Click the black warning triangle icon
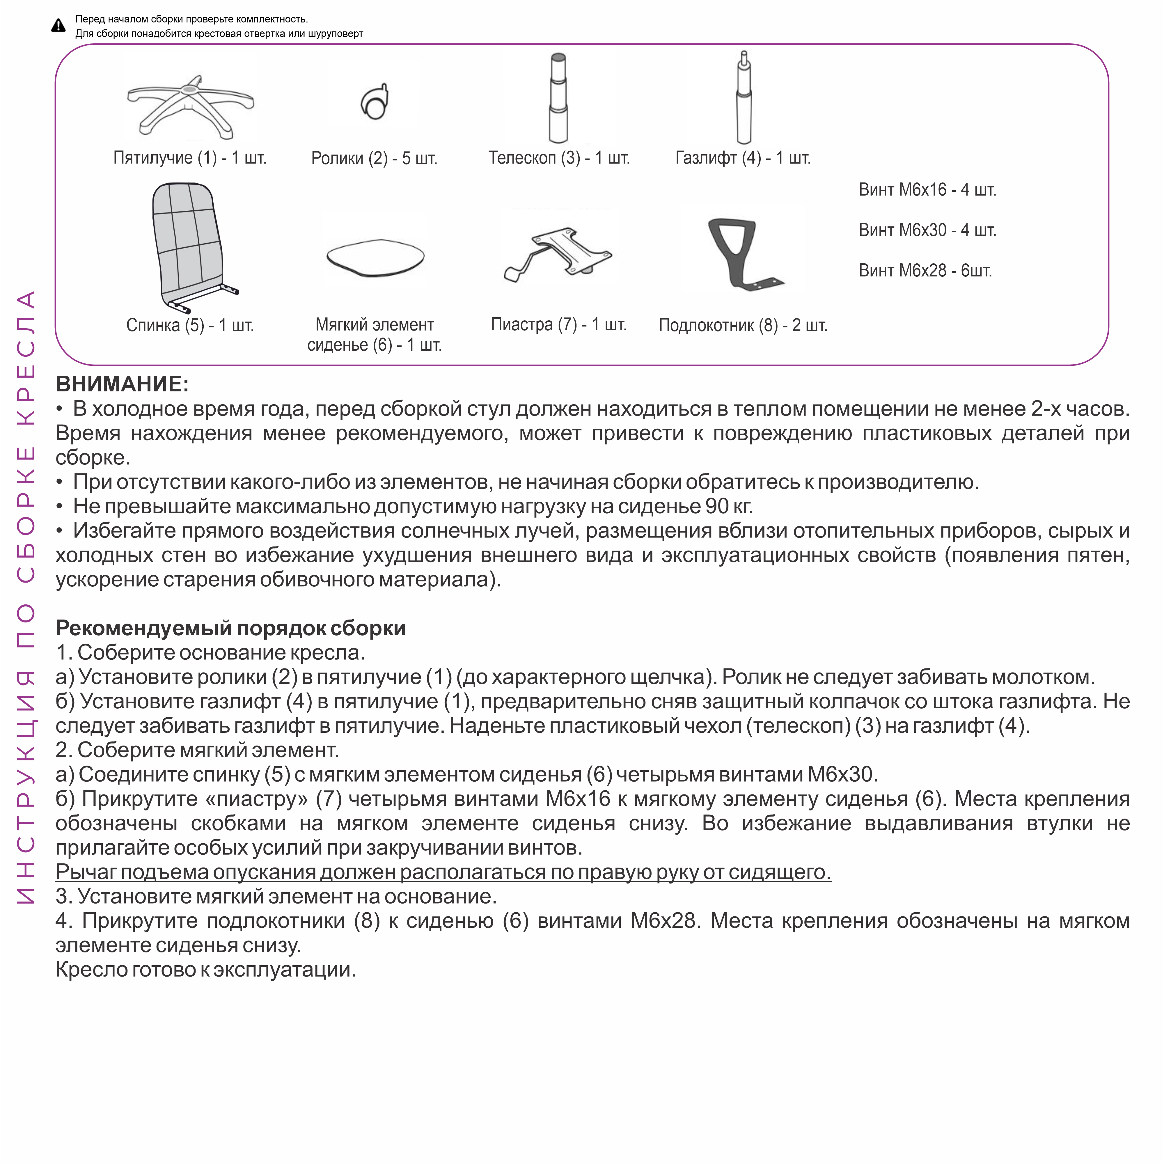[58, 25]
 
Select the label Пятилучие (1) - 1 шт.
[190, 158]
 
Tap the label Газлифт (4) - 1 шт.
[743, 158]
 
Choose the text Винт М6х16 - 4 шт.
[927, 190]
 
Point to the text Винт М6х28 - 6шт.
[925, 271]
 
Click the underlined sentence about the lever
[443, 872]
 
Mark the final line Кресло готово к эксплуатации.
[205, 969]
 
